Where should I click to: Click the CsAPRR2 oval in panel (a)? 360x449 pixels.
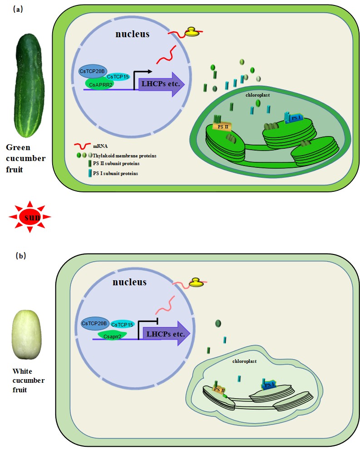pyautogui.click(x=99, y=84)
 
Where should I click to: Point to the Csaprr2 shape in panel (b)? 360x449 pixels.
pyautogui.click(x=113, y=335)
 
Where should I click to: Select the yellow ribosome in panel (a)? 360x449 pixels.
pyautogui.click(x=193, y=32)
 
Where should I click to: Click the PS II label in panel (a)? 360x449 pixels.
pyautogui.click(x=222, y=127)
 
